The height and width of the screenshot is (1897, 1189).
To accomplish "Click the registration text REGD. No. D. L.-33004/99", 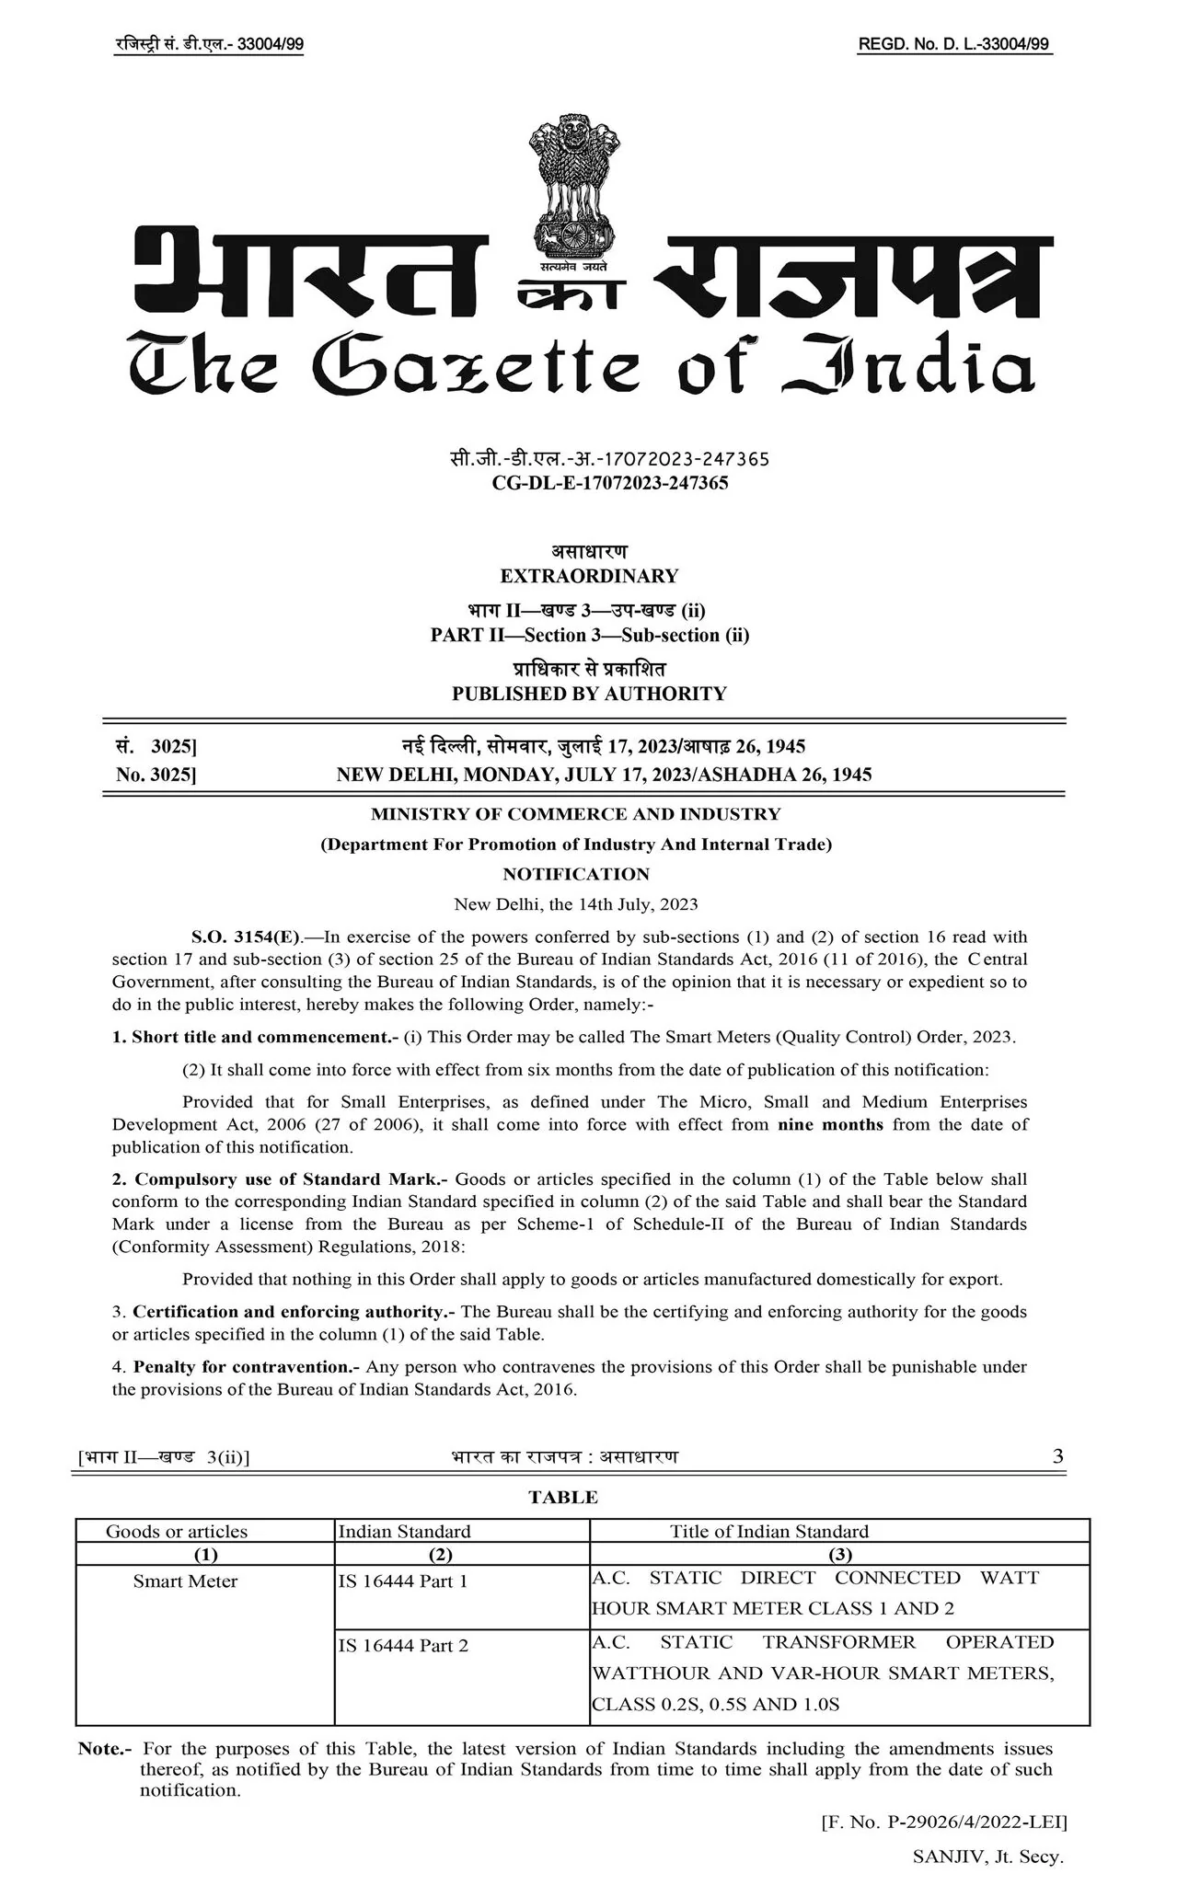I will (x=953, y=44).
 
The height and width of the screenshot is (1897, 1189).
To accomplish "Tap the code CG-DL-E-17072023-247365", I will (x=610, y=483).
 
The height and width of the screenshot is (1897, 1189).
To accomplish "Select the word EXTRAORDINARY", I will (x=589, y=576).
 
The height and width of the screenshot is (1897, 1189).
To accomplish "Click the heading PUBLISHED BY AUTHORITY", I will (x=589, y=694).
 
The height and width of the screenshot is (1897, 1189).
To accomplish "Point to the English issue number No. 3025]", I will (x=156, y=775).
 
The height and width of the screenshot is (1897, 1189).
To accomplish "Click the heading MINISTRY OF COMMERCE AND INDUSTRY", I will (x=576, y=814).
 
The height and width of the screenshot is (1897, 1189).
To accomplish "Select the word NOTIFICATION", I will (x=576, y=874).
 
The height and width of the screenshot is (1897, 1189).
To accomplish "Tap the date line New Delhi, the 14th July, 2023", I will (x=576, y=903).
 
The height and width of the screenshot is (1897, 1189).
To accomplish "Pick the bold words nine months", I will (x=830, y=1124).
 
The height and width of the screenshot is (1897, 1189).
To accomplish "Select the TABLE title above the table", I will (x=563, y=1497).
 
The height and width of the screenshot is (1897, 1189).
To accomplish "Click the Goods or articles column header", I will (x=177, y=1532).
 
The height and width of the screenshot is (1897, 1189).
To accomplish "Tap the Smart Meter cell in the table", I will (x=185, y=1581).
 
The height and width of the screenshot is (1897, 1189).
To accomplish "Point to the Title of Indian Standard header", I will (x=768, y=1532).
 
